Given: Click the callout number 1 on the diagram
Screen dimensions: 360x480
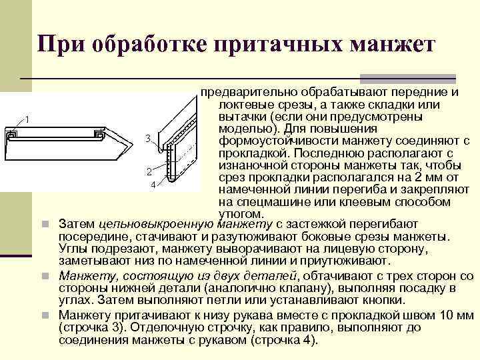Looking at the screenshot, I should coord(27,119).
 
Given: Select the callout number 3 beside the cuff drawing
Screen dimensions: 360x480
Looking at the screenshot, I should coord(147,139).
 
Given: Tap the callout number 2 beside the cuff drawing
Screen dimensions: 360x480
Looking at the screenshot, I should coord(149,172).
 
